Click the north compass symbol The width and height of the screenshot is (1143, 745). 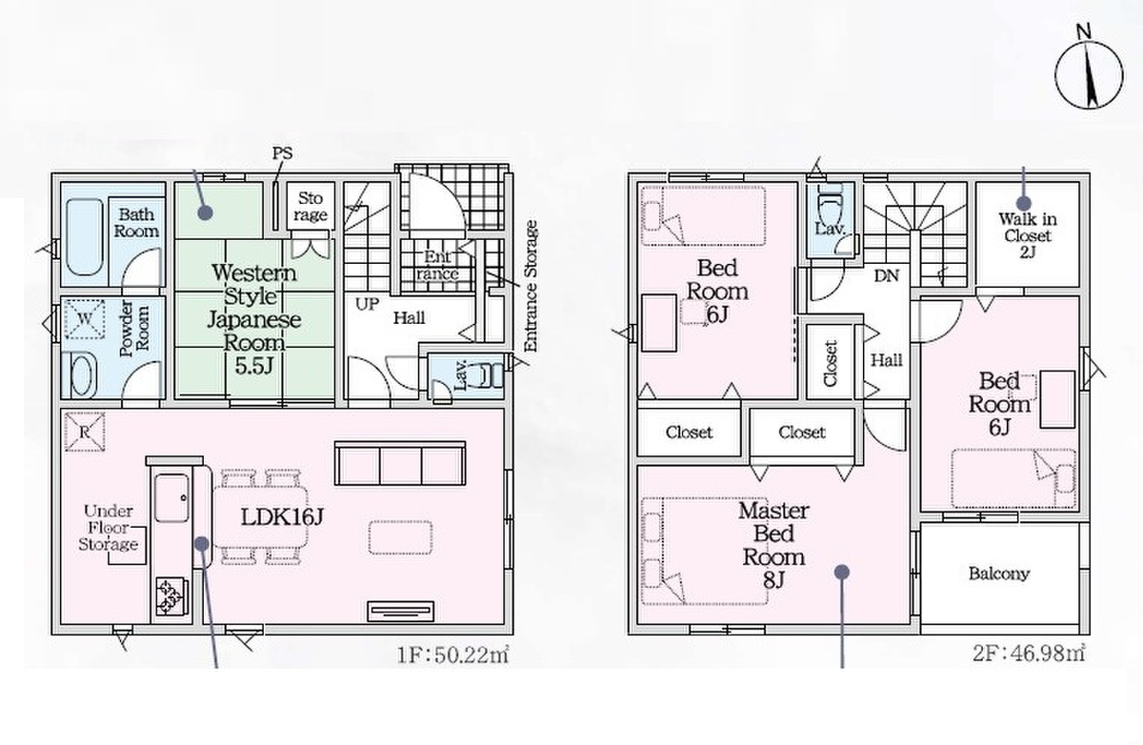[x=1089, y=74]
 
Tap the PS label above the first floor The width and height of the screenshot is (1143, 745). [x=282, y=153]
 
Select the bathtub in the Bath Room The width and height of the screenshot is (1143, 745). [x=85, y=237]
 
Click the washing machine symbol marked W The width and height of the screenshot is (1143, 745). [x=85, y=319]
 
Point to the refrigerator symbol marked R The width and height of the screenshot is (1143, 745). [x=85, y=432]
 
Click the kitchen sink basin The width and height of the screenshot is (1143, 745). [x=171, y=498]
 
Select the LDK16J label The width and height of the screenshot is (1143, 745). [x=282, y=517]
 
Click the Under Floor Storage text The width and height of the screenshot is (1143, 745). [x=109, y=528]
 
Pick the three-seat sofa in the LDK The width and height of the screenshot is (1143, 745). [x=400, y=463]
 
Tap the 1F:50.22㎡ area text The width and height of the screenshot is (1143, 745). [x=453, y=654]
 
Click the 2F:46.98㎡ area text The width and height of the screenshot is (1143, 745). [x=1028, y=654]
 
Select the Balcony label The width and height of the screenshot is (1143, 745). [x=999, y=574]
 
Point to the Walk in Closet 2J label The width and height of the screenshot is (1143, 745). [x=1027, y=235]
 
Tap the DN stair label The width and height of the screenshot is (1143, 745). [x=887, y=275]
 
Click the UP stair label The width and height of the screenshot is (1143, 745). [x=367, y=304]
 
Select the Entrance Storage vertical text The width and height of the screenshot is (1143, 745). [x=531, y=286]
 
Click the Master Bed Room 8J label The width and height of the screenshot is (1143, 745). [x=773, y=545]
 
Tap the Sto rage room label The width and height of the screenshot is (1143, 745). [x=311, y=206]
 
